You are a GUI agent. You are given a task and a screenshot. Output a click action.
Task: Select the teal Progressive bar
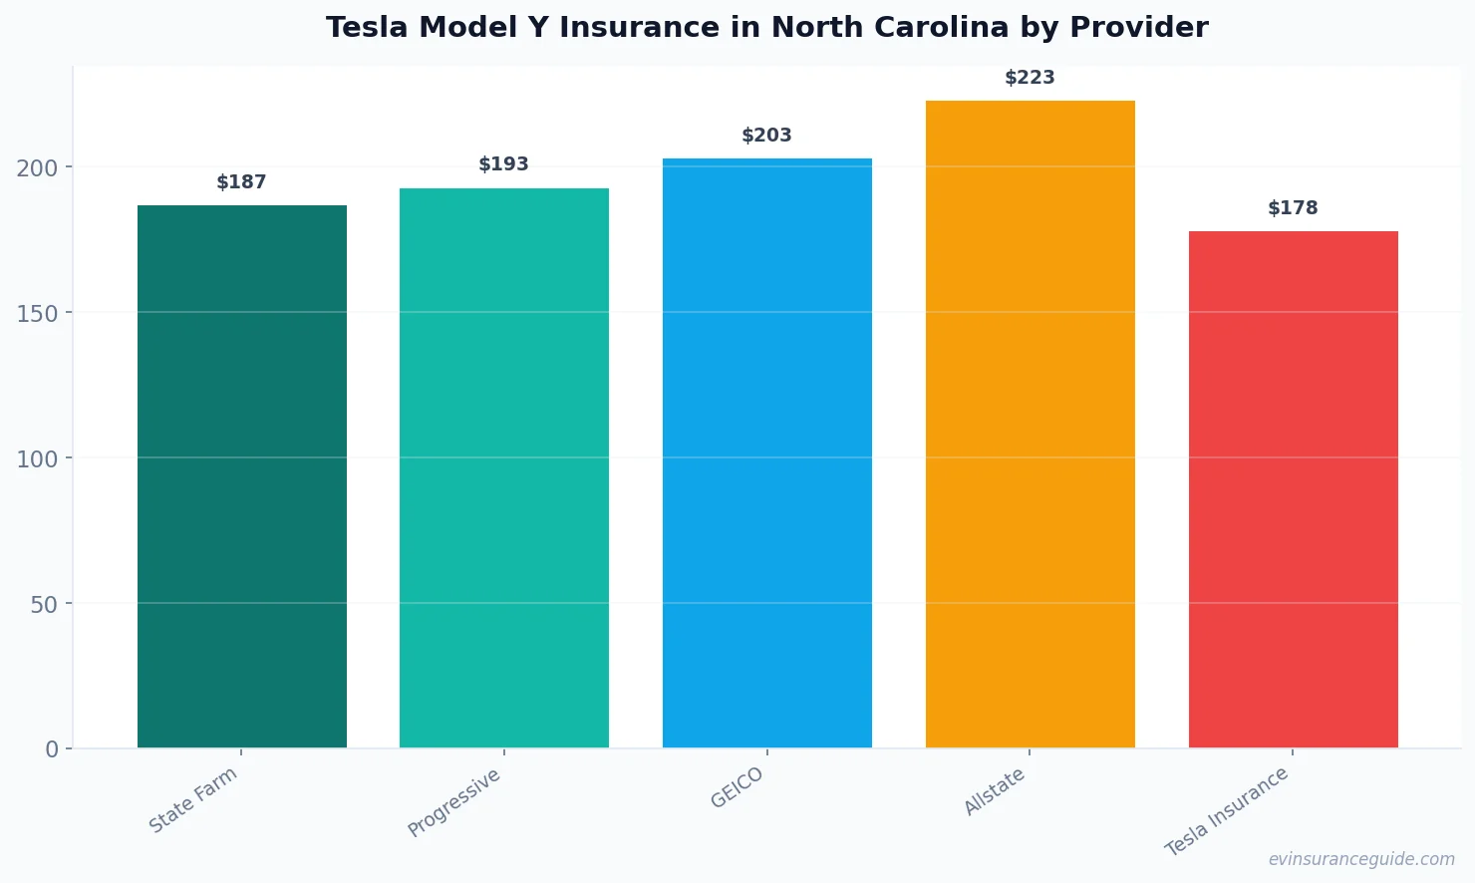[503, 468]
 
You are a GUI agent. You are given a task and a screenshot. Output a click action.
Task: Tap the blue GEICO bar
[766, 453]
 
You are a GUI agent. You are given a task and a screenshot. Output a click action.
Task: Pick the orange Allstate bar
[1030, 424]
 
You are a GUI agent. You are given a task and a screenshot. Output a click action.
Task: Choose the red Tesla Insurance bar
[1293, 489]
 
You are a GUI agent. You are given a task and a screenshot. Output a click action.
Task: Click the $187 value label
[241, 182]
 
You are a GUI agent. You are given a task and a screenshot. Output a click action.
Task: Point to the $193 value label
[503, 164]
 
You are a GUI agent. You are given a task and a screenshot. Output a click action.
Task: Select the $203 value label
[766, 136]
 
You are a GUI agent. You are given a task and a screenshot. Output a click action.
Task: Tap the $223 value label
[1030, 78]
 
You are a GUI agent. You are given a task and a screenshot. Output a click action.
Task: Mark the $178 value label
[1293, 208]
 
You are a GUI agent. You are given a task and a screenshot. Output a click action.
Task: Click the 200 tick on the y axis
[37, 167]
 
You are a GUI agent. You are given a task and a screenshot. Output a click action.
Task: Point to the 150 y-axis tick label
[37, 313]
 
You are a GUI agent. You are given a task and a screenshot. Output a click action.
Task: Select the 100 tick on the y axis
[37, 458]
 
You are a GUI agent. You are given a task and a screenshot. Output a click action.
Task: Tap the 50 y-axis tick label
[44, 604]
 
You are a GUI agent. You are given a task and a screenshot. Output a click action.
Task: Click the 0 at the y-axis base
[52, 749]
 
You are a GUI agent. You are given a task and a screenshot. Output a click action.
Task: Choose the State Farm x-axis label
[193, 800]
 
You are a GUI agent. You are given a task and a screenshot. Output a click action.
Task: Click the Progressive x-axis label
[454, 803]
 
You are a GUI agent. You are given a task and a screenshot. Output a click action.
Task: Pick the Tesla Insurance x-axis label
[1227, 811]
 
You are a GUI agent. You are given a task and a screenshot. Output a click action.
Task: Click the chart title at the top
[766, 28]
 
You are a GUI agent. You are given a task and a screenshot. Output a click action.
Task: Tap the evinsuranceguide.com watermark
[1360, 859]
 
